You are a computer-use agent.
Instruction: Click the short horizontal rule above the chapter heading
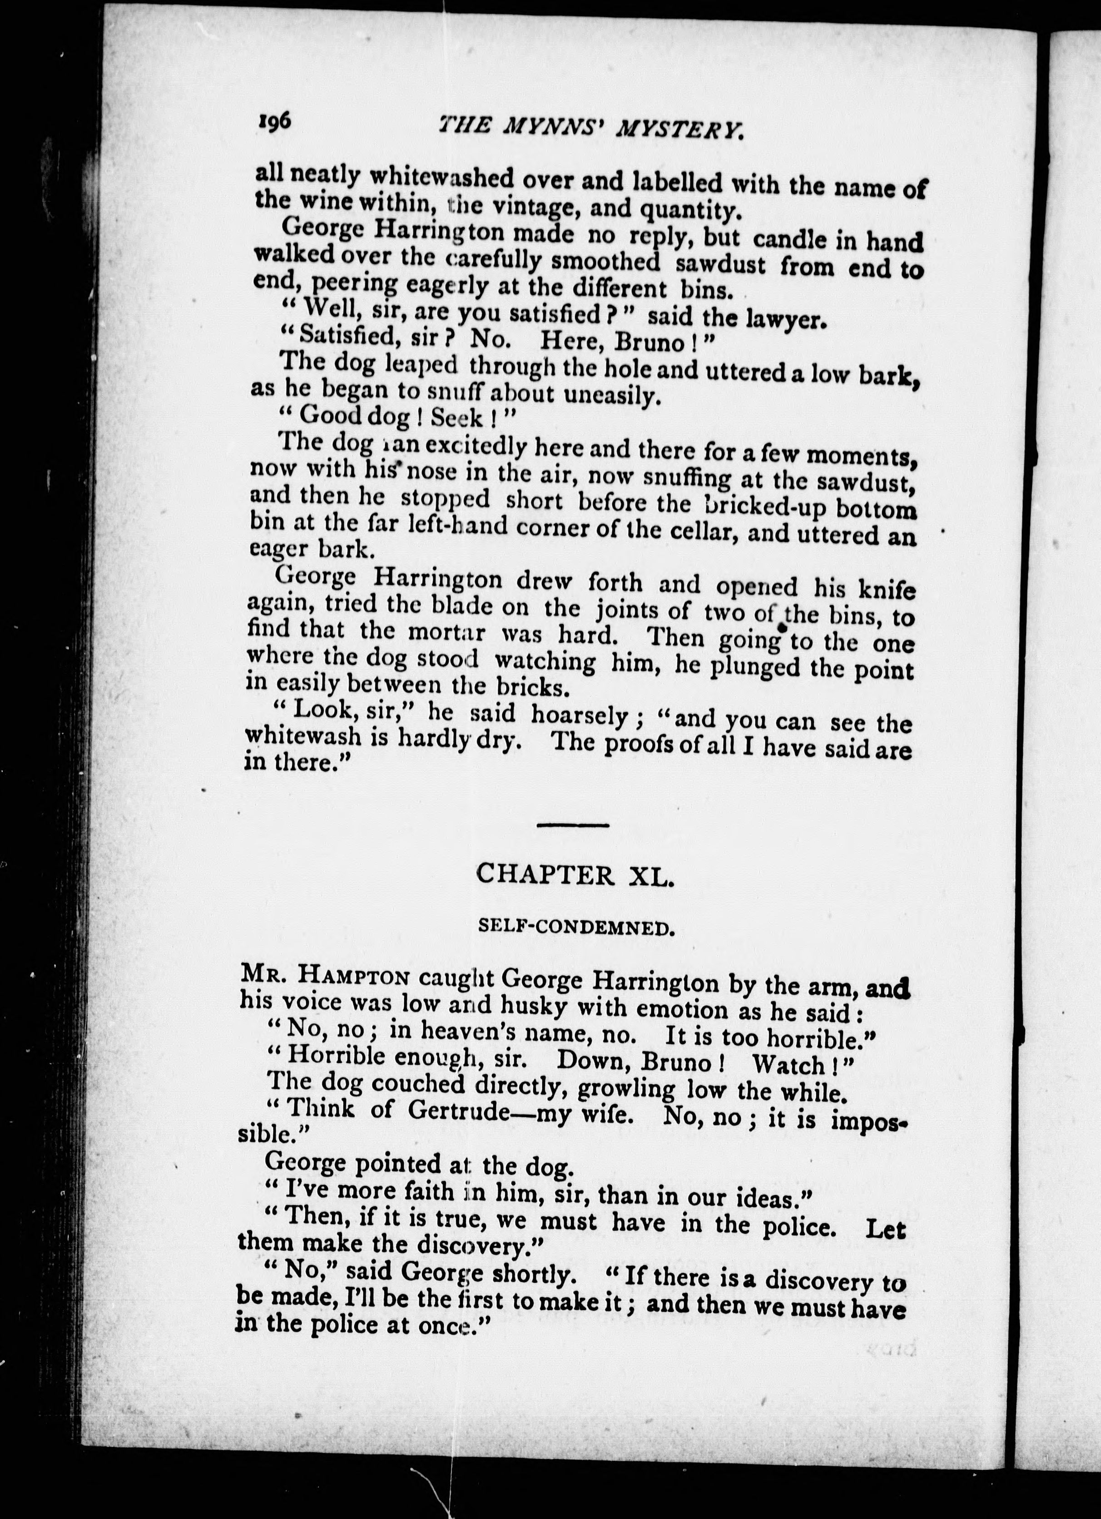point(573,825)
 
